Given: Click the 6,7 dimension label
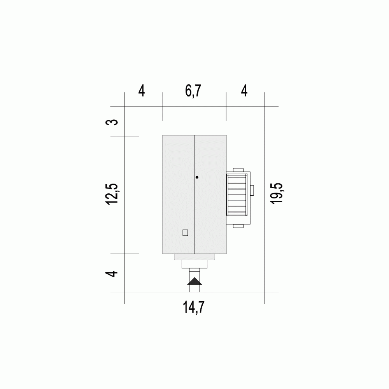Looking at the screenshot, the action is click(x=193, y=91).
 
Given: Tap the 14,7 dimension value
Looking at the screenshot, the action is click(x=193, y=307).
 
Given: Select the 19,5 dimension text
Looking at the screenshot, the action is click(x=277, y=193).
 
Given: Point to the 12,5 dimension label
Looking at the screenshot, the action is click(x=112, y=194).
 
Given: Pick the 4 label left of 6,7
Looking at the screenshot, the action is click(x=142, y=91).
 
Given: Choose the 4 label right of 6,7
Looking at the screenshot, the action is click(x=244, y=91).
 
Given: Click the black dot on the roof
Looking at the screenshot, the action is click(x=197, y=177).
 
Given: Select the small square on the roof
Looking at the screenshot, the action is click(x=185, y=233).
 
